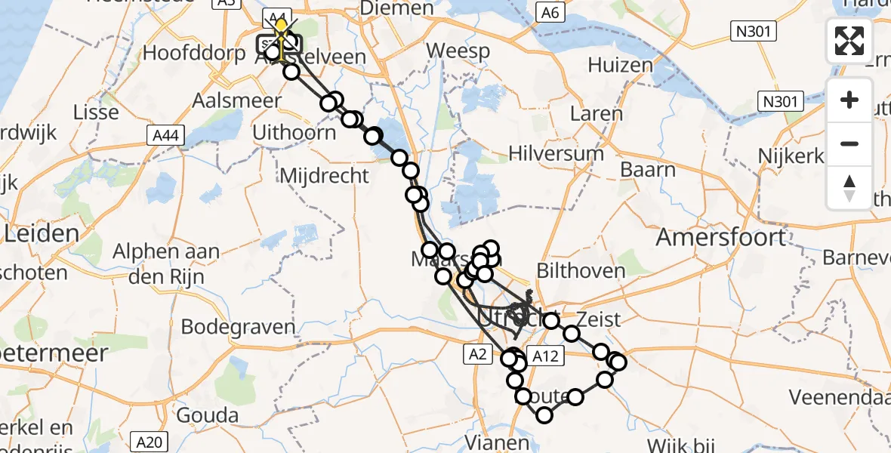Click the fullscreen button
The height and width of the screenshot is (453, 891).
pyautogui.click(x=849, y=41)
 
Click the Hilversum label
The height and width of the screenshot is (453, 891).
pyautogui.click(x=556, y=153)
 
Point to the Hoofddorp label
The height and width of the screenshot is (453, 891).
pyautogui.click(x=183, y=54)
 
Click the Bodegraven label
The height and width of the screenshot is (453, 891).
pyautogui.click(x=238, y=327)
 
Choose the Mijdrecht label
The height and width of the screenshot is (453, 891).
pyautogui.click(x=324, y=176)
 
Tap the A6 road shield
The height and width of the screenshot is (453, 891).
pyautogui.click(x=549, y=12)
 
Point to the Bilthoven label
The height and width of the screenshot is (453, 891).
pyautogui.click(x=581, y=270)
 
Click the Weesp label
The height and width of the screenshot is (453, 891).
pyautogui.click(x=458, y=51)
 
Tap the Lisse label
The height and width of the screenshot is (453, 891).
pyautogui.click(x=96, y=112)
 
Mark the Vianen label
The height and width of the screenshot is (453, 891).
pyautogui.click(x=492, y=442)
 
